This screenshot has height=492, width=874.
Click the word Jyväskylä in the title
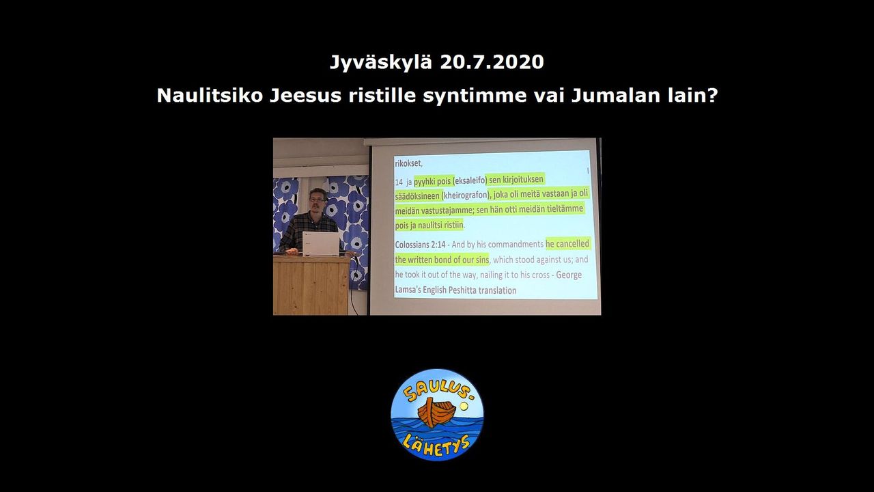coord(381,62)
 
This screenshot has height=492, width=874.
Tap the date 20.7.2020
coord(492,62)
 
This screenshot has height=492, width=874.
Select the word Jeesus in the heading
coord(305,96)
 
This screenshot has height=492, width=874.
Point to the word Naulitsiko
coord(210,96)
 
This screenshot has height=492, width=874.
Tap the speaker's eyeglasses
coord(318,200)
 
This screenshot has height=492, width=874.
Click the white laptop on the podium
coord(321,244)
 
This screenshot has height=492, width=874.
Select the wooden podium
coord(312,285)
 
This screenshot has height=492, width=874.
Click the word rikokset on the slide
coord(408,164)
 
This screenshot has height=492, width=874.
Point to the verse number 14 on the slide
coord(399,182)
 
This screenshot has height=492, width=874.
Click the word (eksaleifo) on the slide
coord(470,181)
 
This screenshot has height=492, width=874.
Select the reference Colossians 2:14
coord(420,245)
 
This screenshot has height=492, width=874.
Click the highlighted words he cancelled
coord(567,244)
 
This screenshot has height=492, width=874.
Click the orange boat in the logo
coord(436,412)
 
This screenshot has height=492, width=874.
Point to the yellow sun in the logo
coord(464,407)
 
